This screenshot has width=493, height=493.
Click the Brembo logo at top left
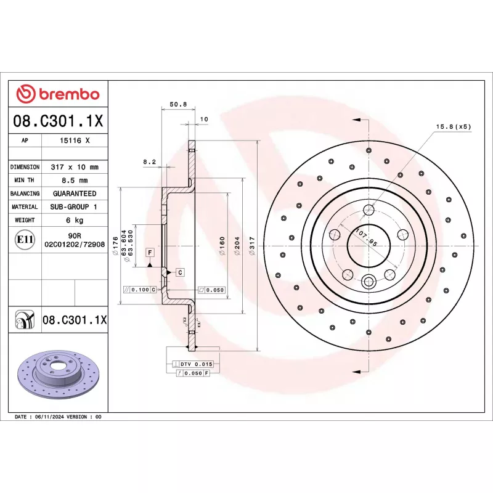tap(57, 94)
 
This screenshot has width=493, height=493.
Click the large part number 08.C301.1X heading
tap(57, 120)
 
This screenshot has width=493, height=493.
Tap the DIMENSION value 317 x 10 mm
tap(75, 167)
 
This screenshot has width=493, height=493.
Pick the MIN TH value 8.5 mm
tap(75, 180)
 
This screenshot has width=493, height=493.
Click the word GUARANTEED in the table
tap(75, 194)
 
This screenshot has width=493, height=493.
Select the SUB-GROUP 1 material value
tap(75, 207)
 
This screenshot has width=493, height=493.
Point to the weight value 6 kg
tap(75, 220)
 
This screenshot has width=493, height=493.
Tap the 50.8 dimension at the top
tap(178, 104)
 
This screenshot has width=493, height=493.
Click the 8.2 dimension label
tap(150, 162)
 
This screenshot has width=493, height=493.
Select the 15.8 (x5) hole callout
tap(454, 126)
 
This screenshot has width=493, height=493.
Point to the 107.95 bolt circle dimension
tap(366, 238)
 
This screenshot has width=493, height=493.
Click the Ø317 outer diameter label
tap(251, 245)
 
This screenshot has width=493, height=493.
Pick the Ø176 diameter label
tap(115, 245)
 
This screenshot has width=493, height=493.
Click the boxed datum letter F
tap(149, 252)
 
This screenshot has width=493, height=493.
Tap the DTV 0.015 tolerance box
tap(195, 364)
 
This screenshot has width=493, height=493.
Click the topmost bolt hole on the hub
tap(369, 208)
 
